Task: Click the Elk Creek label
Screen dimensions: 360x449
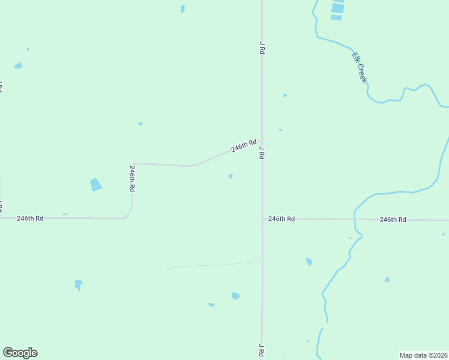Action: (359, 67)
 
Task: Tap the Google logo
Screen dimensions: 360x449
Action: (20, 353)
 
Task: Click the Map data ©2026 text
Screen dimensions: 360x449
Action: (424, 355)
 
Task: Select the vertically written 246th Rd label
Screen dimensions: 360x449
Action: (132, 178)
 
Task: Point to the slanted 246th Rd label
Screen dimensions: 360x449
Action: (244, 146)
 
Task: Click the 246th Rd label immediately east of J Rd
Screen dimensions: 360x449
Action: (282, 219)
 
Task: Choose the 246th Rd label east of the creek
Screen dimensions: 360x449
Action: (393, 220)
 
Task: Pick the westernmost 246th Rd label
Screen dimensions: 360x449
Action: (30, 218)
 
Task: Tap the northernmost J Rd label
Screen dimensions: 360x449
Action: (262, 48)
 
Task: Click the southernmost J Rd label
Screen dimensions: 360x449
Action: (261, 350)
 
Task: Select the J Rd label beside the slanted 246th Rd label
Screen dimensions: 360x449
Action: (262, 151)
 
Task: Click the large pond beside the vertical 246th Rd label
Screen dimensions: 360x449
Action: (96, 184)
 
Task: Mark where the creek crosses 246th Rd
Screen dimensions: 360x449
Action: (355, 219)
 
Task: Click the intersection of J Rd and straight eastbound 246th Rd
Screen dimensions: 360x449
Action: (262, 219)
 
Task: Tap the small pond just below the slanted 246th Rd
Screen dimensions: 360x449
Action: (231, 176)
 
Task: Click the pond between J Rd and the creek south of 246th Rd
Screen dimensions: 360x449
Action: (309, 262)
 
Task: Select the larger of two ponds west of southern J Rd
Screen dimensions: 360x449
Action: (235, 296)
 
